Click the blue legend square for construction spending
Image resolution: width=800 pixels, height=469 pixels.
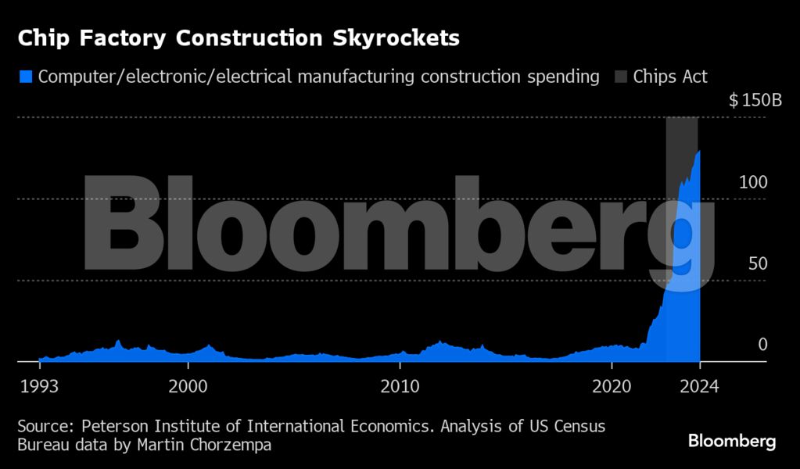(26, 77)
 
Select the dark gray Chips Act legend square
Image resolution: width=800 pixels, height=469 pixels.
(620, 77)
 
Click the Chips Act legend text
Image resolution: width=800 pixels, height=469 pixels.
(670, 77)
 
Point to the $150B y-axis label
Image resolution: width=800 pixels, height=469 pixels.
(755, 101)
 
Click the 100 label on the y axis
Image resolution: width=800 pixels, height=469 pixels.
(753, 182)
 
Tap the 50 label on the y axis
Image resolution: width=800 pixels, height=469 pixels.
(757, 263)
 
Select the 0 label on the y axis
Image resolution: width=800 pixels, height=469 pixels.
(762, 345)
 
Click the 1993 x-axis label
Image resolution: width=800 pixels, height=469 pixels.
(38, 385)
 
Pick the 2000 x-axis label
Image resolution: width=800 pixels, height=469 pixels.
(188, 385)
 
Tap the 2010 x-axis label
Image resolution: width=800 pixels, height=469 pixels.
(400, 385)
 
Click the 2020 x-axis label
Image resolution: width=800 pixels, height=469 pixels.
(612, 385)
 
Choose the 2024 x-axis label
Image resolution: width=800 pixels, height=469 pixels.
(700, 385)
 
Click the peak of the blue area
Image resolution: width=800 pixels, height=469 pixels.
(698, 151)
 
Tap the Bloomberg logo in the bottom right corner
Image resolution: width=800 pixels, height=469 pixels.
(732, 442)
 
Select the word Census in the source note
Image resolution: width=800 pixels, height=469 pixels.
(580, 427)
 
